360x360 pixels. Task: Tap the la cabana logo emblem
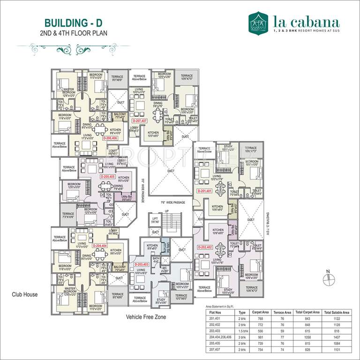258,22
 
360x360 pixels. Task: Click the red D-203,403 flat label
141,264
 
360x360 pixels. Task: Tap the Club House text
25,294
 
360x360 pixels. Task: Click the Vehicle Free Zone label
146,317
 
